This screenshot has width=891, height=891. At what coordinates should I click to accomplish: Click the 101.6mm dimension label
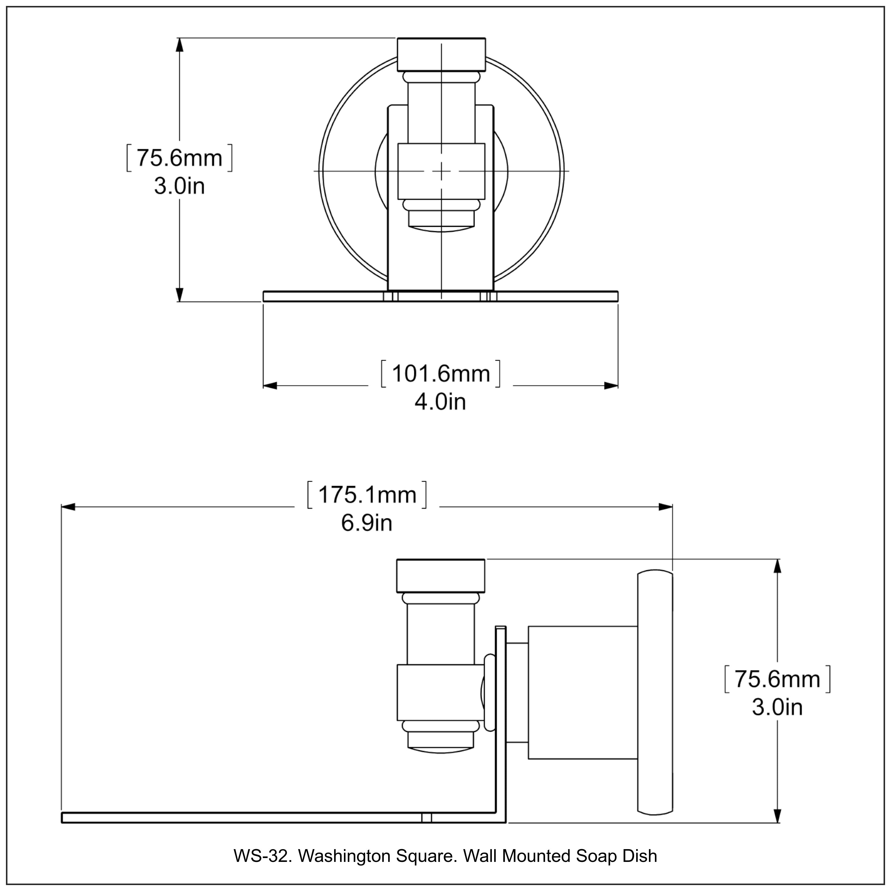(x=440, y=374)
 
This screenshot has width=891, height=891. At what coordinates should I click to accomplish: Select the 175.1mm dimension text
(x=367, y=495)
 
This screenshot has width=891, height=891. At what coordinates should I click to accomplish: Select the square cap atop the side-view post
(x=440, y=576)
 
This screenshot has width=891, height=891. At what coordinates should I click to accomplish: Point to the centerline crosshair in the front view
(x=441, y=171)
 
